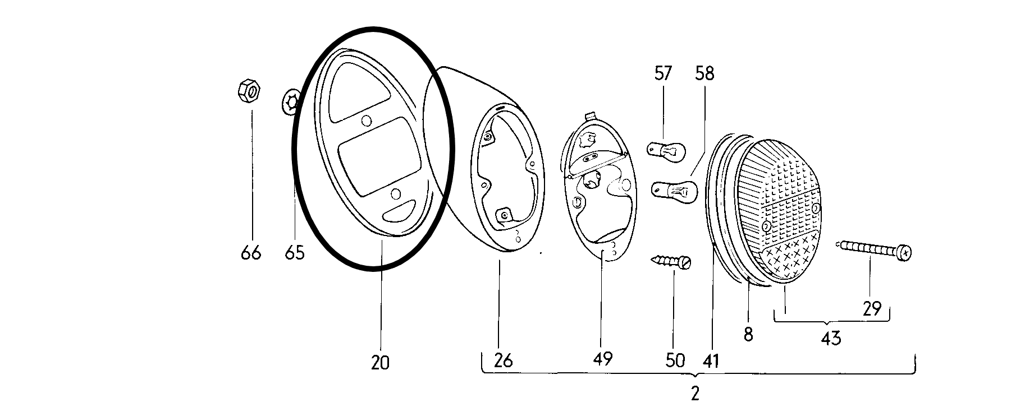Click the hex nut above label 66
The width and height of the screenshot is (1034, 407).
pos(248,91)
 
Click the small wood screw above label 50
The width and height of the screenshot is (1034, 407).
pos(671,261)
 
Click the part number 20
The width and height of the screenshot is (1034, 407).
pos(379,363)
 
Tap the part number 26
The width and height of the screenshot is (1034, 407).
pos(504,360)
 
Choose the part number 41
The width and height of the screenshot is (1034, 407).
pos(711,360)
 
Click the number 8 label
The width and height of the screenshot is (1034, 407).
pos(748,335)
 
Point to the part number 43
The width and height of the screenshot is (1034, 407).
pos(831,338)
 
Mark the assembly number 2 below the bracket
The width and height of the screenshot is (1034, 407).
pos(695,394)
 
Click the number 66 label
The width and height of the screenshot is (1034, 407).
pos(251,253)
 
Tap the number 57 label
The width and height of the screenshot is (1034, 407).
pos(662,73)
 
